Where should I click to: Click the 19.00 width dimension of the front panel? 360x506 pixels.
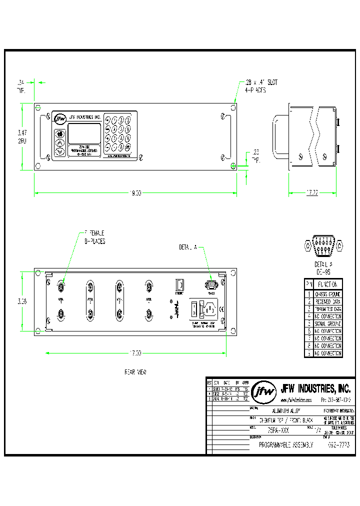coord(135,193)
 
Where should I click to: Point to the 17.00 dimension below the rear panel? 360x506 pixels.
coord(135,353)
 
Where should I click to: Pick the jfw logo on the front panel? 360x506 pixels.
coord(60,118)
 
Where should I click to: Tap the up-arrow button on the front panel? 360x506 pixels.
coord(60,142)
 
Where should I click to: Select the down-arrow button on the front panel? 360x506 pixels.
coord(60,151)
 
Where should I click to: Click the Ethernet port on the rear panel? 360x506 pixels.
coord(179,285)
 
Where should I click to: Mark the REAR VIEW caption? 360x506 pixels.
coord(135,372)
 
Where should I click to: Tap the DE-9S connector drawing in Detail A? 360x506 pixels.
coord(323,246)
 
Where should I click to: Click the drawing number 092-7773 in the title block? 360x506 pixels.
coord(338,444)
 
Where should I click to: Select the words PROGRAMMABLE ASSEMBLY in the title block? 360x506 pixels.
coord(285,444)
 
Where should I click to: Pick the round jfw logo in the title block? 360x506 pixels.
coord(264,392)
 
